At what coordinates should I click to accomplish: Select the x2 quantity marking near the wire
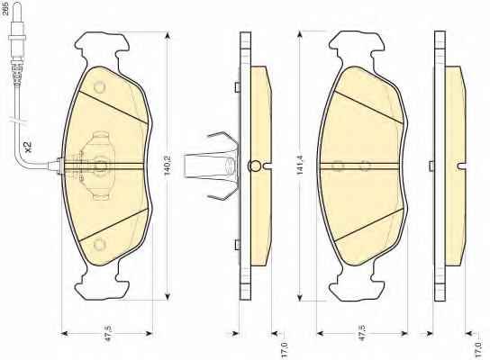tap(28, 147)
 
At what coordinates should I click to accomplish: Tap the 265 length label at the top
tap(5, 10)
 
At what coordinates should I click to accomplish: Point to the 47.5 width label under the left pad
tap(108, 333)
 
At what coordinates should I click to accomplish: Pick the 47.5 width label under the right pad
tap(362, 333)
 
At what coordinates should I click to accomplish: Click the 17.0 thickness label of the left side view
tap(284, 350)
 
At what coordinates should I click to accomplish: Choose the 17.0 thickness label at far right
tap(478, 350)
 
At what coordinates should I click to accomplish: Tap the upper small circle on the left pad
tap(100, 86)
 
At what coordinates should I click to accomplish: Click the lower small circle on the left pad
tap(100, 245)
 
